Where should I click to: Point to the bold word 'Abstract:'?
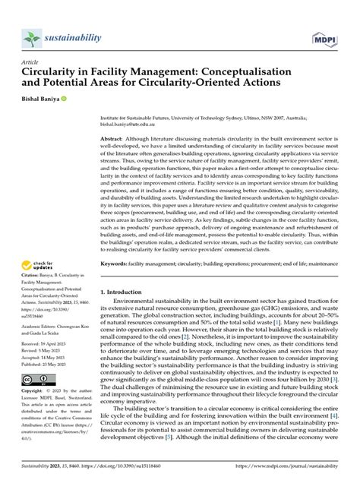115,141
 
